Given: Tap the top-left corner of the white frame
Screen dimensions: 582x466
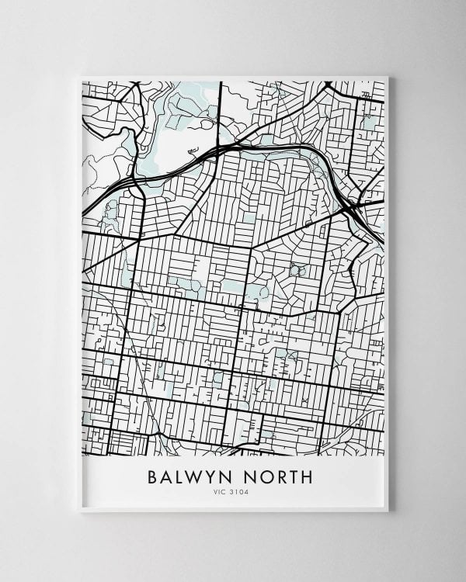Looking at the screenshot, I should tap(81, 76).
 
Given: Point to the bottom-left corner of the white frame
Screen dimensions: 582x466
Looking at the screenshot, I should tap(81, 511).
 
